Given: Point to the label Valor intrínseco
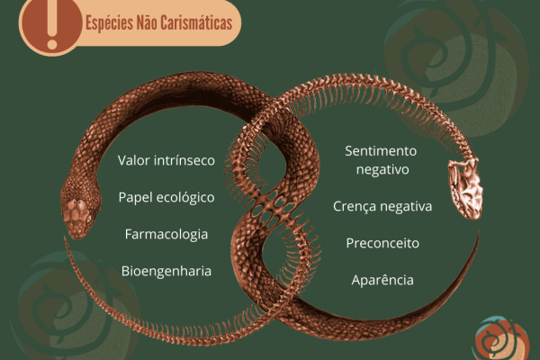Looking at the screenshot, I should pos(166,160).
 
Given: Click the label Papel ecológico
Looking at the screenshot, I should pos(166,197).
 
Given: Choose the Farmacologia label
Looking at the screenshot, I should pos(166,234).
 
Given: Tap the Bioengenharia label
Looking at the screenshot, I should pos(166,270).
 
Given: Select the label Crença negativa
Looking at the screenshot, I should pos(382,206).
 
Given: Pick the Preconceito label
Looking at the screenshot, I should pos(382,243).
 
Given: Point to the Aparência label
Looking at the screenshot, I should pos(382,280).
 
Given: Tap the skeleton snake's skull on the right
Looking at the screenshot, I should pos(466,190).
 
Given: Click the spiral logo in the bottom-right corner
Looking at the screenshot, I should pos(500,340).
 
